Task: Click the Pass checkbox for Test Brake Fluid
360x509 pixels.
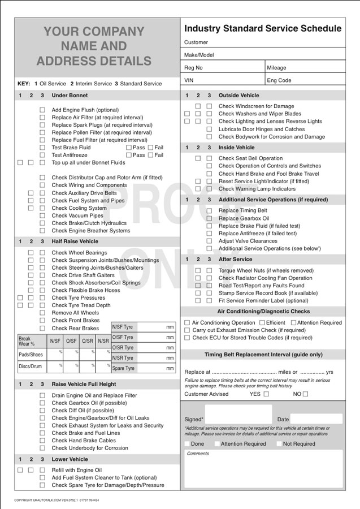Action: coord(128,148)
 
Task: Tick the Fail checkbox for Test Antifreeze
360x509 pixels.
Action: coord(150,155)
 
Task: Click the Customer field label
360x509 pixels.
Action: coord(196,42)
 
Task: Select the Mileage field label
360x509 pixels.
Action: coord(276,68)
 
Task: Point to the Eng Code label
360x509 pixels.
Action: coord(279,80)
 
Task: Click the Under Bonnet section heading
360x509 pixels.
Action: coord(70,96)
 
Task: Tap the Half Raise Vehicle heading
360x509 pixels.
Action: coord(75,241)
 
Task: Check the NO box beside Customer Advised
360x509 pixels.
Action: coord(306,394)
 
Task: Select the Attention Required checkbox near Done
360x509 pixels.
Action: coord(217,444)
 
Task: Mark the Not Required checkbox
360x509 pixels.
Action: coord(279,444)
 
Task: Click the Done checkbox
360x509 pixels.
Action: coord(187,444)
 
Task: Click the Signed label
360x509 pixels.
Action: coord(194,420)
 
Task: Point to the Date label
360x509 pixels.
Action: coord(283,420)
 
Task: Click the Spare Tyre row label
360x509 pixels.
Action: coord(123,368)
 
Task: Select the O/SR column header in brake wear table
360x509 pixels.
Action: coord(87,341)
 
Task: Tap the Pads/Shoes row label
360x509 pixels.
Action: coord(31,355)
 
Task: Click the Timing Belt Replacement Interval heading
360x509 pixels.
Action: coord(263,355)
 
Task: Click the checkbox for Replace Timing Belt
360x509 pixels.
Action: coord(209,211)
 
